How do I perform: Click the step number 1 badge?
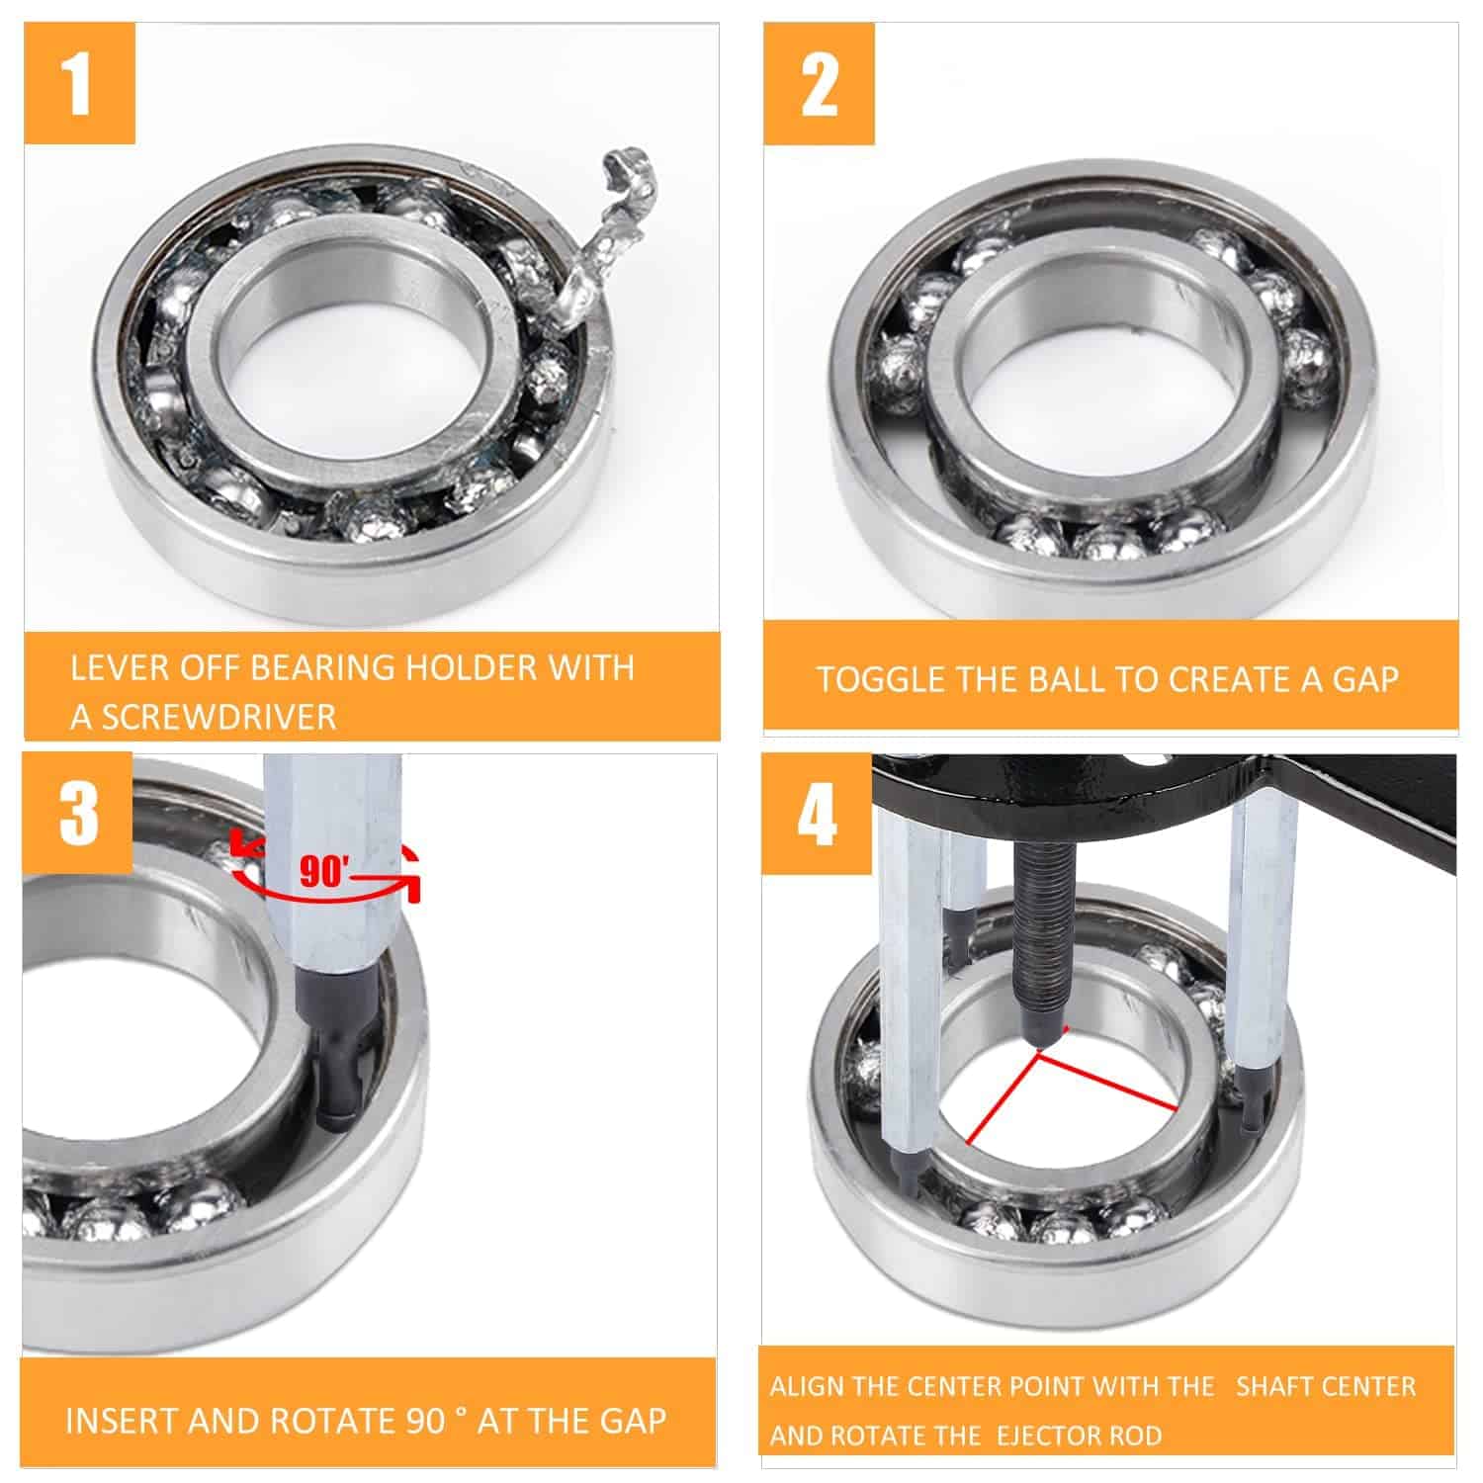(80, 85)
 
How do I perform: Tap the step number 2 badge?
(820, 85)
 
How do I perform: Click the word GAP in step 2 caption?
(1364, 680)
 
